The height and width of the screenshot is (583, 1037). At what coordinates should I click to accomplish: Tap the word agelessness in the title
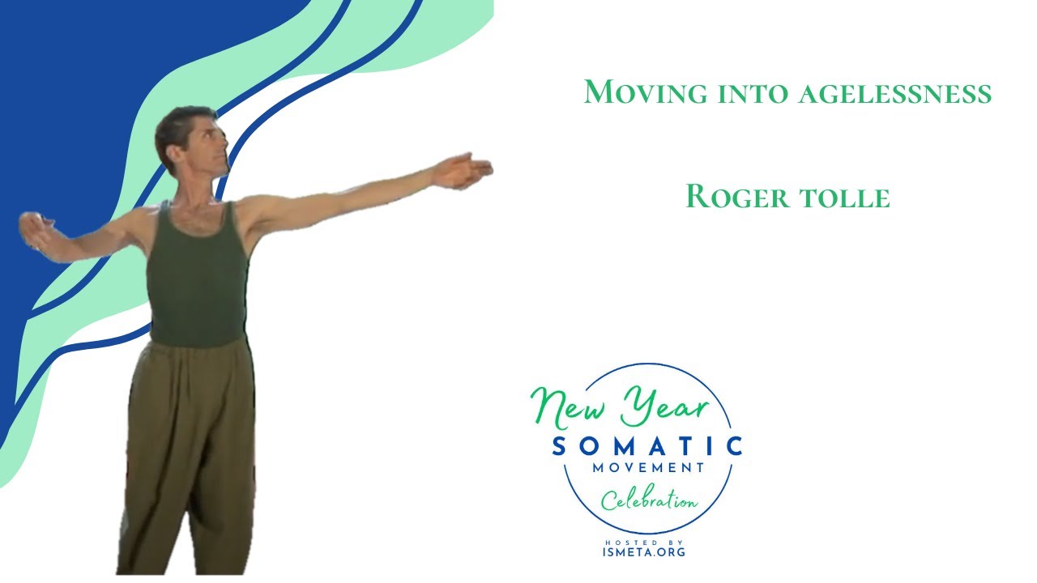click(894, 93)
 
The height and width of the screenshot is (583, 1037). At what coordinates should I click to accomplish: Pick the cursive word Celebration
click(648, 500)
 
